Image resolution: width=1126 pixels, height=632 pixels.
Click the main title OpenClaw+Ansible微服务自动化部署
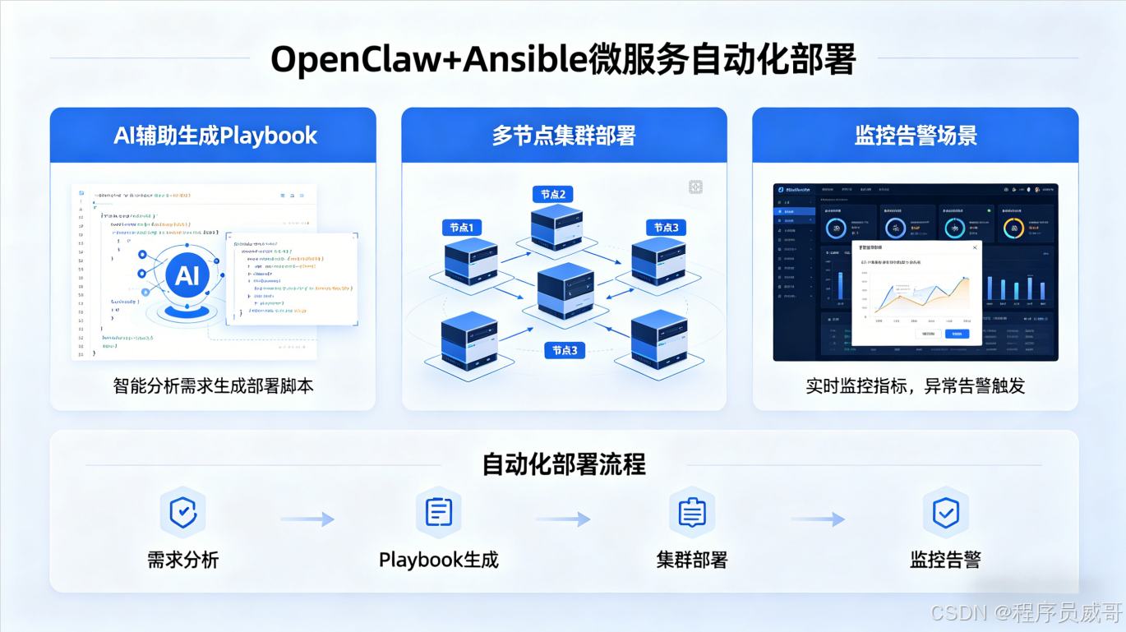tap(563, 59)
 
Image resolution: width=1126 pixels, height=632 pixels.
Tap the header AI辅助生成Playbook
tap(215, 136)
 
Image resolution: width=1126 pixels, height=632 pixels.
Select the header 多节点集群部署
tap(564, 136)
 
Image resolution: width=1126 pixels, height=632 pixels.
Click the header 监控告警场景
tap(916, 136)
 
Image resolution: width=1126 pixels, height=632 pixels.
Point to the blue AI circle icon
tap(187, 275)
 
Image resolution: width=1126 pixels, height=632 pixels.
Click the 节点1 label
tap(462, 228)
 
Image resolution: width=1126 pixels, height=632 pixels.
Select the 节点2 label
tap(552, 194)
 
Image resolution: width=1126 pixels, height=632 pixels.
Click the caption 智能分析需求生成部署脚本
tap(214, 385)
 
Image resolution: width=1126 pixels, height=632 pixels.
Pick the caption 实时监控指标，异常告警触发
tap(916, 385)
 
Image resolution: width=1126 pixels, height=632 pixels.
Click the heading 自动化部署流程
tap(564, 464)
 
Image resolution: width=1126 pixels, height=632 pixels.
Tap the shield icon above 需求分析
tap(182, 513)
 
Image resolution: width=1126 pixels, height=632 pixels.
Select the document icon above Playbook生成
tap(438, 513)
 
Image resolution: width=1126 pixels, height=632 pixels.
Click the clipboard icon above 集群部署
tap(692, 513)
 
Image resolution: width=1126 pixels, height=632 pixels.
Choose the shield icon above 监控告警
tap(945, 513)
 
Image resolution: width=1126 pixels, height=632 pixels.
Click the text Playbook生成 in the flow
tap(438, 560)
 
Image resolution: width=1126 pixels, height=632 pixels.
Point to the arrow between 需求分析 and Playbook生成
tap(307, 519)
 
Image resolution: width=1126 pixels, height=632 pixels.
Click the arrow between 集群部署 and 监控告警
tap(818, 519)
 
